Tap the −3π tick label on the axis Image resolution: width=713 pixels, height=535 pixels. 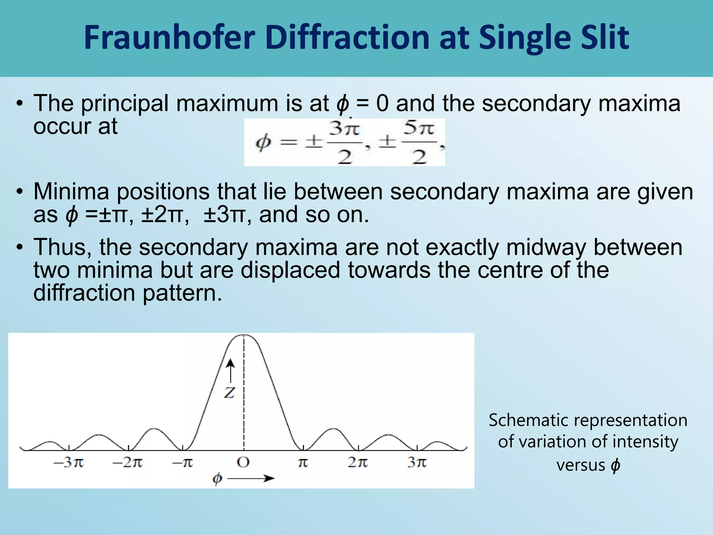(69, 463)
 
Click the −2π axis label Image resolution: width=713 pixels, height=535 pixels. (127, 463)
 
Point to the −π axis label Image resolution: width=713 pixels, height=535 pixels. (183, 463)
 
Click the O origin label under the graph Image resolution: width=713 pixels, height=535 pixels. (243, 463)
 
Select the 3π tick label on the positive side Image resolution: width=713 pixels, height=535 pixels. (417, 463)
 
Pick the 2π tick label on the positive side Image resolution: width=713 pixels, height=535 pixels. (358, 463)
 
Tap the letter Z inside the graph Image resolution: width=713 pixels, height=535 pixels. (229, 393)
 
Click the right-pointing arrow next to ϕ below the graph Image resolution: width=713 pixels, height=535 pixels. (251, 479)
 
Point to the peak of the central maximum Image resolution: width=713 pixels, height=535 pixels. (244, 335)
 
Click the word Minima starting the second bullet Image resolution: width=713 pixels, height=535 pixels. (71, 192)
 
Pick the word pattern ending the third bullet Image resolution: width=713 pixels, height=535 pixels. (182, 293)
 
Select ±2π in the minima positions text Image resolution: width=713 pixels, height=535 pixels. (162, 215)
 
